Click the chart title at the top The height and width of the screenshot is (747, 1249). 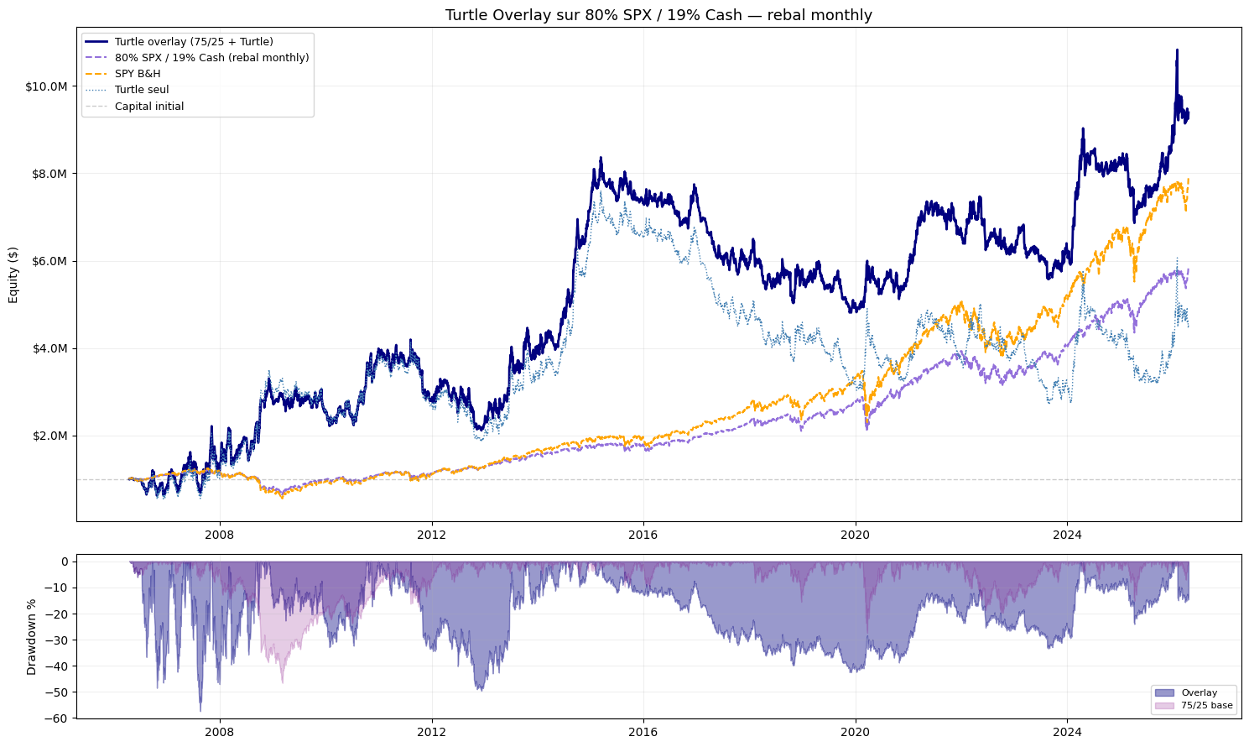point(658,15)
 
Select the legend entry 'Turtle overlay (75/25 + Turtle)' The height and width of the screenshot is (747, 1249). point(194,41)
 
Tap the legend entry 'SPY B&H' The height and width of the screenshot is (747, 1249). point(138,74)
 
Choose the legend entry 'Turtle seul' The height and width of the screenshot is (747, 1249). point(142,90)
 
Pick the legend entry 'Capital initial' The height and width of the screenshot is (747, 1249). point(149,107)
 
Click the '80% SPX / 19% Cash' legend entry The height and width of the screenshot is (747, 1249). point(211,58)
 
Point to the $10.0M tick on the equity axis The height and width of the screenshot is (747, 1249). point(46,86)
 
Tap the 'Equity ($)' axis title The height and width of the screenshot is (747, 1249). point(13,274)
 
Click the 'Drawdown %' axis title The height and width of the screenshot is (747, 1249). point(32,636)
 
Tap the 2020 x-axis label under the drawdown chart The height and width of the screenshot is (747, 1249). point(856,732)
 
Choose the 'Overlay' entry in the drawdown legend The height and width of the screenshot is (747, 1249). point(1199,692)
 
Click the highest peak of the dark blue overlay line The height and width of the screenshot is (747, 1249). point(1177,50)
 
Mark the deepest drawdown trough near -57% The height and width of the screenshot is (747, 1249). point(200,710)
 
